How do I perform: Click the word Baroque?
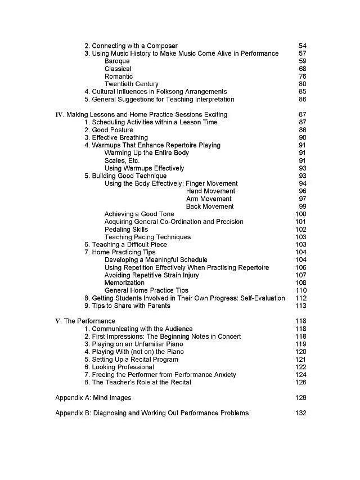(x=117, y=61)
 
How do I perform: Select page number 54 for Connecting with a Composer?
(x=303, y=46)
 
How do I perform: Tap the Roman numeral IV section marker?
(x=60, y=115)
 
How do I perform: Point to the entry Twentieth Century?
(x=131, y=84)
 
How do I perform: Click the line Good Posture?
(x=109, y=130)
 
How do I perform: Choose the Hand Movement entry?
(x=210, y=191)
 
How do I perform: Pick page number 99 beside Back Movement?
(x=303, y=207)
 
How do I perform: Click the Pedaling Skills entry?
(x=126, y=230)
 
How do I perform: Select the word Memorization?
(x=124, y=283)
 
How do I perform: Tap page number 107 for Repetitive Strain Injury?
(x=301, y=275)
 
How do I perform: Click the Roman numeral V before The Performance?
(x=58, y=321)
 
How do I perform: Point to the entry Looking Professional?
(x=111, y=367)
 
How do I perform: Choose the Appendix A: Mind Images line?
(x=93, y=398)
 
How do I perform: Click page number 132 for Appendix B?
(x=301, y=413)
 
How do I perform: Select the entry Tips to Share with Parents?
(x=127, y=306)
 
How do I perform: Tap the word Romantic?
(x=119, y=77)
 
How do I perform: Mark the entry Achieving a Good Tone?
(x=139, y=214)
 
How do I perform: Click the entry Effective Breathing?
(x=116, y=138)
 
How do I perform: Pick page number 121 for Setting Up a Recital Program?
(x=301, y=360)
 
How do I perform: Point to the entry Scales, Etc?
(x=121, y=160)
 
